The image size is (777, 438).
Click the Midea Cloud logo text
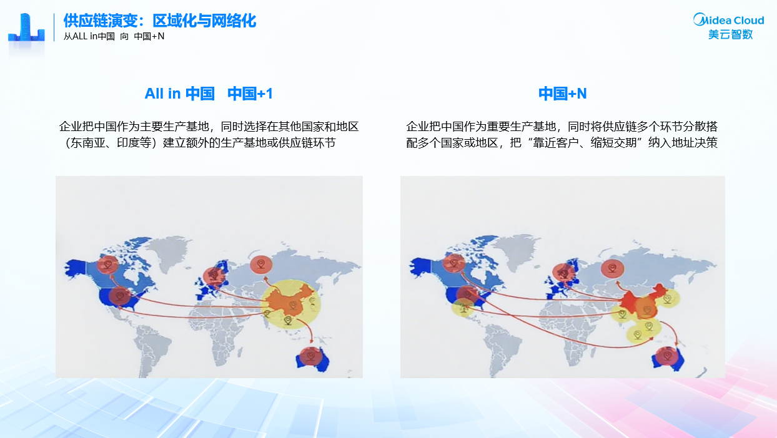coord(728,20)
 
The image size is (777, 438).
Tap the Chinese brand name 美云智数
coord(731,35)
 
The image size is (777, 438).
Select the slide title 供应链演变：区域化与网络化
coord(159,21)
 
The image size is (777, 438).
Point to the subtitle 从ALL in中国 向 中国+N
coord(114,36)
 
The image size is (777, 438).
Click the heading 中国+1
coord(250,94)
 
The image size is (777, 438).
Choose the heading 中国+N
coord(562,94)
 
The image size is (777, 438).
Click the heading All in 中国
coord(180,94)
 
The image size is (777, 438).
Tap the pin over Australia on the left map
coord(311,356)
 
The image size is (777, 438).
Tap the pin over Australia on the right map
coord(666,356)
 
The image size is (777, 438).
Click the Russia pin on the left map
coord(261,265)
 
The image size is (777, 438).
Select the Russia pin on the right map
coord(612,268)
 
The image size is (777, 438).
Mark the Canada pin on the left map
coord(108,265)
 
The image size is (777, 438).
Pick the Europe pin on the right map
coord(564,273)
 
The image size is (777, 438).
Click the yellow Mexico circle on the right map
coord(463,308)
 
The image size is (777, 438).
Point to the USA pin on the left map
coord(120,296)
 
